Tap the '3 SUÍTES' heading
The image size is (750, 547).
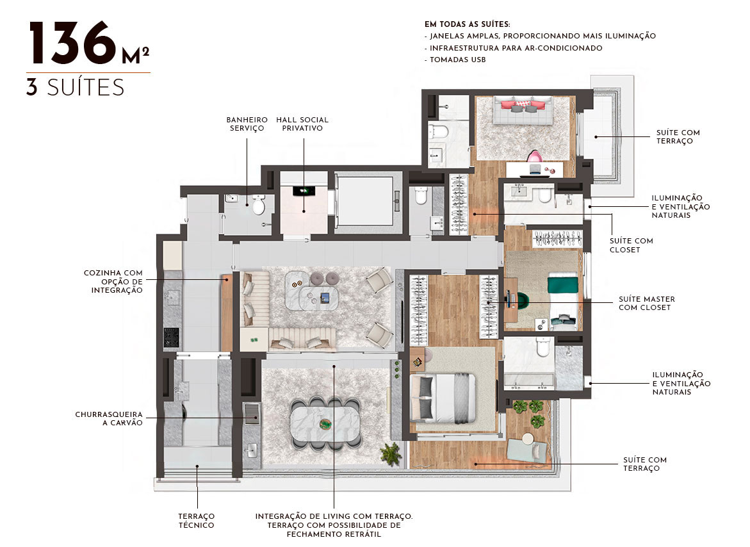(x=75, y=88)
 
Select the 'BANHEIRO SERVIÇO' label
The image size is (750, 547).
(x=247, y=124)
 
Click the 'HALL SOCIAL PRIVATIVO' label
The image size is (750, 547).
(x=302, y=124)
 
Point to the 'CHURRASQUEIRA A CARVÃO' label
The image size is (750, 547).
(x=109, y=418)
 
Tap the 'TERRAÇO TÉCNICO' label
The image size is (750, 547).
(x=197, y=521)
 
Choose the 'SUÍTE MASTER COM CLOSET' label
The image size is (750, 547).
(x=647, y=303)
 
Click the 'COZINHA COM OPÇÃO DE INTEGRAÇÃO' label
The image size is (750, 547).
(x=113, y=282)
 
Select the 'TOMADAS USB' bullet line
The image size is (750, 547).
(x=455, y=60)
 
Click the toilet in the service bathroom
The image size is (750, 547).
(x=259, y=205)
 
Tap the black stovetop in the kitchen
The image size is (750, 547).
(x=171, y=337)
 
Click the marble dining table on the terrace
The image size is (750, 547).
(x=325, y=423)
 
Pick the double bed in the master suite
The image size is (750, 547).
(x=443, y=397)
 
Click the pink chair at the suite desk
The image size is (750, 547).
(x=535, y=156)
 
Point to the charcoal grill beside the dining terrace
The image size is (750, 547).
(x=252, y=413)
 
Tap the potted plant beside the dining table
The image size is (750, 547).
(x=391, y=453)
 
